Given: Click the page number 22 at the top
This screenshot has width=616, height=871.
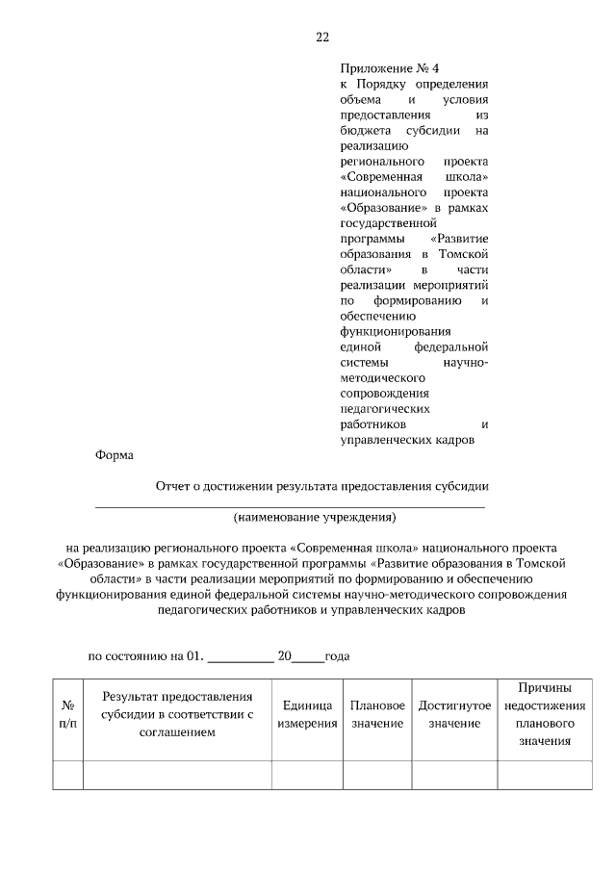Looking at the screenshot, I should (322, 38).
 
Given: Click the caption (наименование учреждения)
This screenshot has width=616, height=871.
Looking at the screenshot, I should (315, 517).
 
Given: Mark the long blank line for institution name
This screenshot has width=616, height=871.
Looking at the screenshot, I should (289, 504).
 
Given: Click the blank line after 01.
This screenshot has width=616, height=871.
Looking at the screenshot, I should (241, 659).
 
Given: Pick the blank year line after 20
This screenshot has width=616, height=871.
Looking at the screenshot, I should (308, 659).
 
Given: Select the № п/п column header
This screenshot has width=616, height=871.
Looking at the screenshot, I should (68, 714).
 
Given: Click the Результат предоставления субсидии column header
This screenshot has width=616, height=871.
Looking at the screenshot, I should (177, 714).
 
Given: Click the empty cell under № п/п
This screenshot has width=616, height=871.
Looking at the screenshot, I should (68, 774).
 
